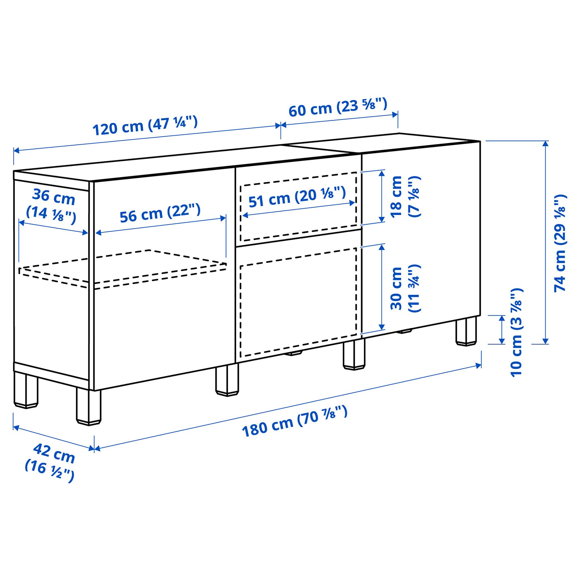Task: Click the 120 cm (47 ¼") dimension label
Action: point(145,125)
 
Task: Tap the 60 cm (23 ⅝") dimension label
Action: point(338,107)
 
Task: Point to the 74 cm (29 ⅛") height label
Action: point(560,243)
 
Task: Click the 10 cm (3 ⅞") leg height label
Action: point(516,332)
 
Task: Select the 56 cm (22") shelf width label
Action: point(160,213)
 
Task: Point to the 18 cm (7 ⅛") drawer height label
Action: point(405,196)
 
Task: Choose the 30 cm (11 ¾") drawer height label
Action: point(405,288)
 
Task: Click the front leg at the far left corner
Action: point(89,407)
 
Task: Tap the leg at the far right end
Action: point(466,331)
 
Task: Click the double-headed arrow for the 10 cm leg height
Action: point(502,330)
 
